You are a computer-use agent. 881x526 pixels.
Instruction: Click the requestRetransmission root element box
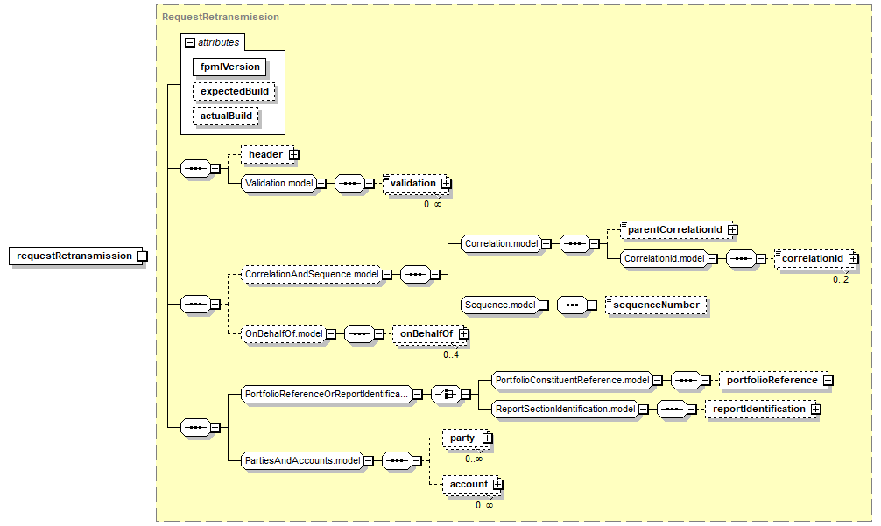[x=74, y=256]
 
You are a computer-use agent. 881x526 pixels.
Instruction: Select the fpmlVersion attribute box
[x=229, y=67]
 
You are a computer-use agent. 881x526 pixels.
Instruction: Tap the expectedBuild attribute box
[x=234, y=92]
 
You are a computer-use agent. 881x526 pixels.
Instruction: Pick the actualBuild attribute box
[x=226, y=116]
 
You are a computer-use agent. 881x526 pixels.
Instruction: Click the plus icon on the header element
[x=294, y=154]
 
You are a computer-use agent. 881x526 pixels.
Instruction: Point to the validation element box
[x=416, y=184]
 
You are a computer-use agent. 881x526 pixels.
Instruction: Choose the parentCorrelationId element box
[x=676, y=229]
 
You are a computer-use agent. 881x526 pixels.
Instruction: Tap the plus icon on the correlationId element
[x=854, y=258]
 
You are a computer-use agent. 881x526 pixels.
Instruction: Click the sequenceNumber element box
[x=656, y=305]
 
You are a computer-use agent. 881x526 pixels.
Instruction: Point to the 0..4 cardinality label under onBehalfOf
[x=451, y=354]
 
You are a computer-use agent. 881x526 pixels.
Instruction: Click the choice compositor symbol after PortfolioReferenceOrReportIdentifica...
[x=446, y=395]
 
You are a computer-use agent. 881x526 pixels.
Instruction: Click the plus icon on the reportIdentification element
[x=816, y=410]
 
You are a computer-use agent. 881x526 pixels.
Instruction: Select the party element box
[x=467, y=438]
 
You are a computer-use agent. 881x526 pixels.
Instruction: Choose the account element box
[x=471, y=485]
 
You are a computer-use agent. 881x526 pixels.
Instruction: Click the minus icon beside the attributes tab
[x=190, y=43]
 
